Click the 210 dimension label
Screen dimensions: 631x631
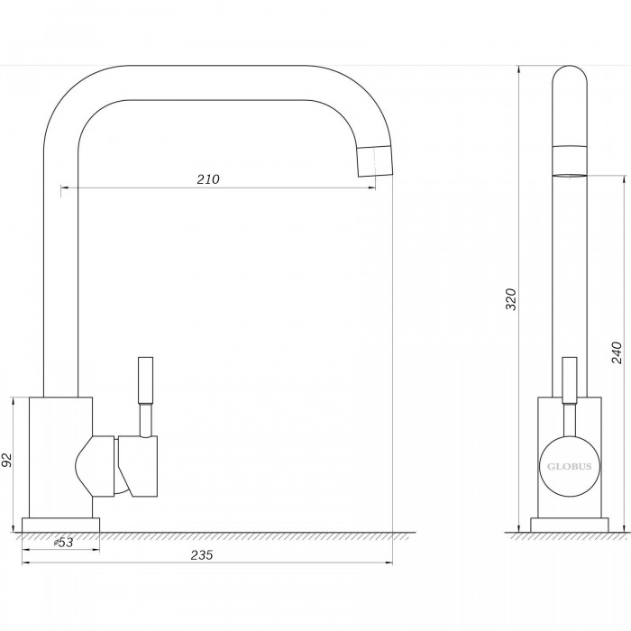point(208,179)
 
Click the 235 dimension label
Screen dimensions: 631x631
point(202,555)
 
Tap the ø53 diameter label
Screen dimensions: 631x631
point(64,543)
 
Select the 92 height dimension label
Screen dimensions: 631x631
point(7,460)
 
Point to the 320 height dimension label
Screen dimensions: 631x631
point(511,299)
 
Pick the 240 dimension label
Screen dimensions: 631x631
point(617,352)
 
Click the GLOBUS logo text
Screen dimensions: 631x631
point(569,467)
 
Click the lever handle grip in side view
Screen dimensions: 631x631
point(570,380)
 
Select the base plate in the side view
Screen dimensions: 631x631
point(570,525)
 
